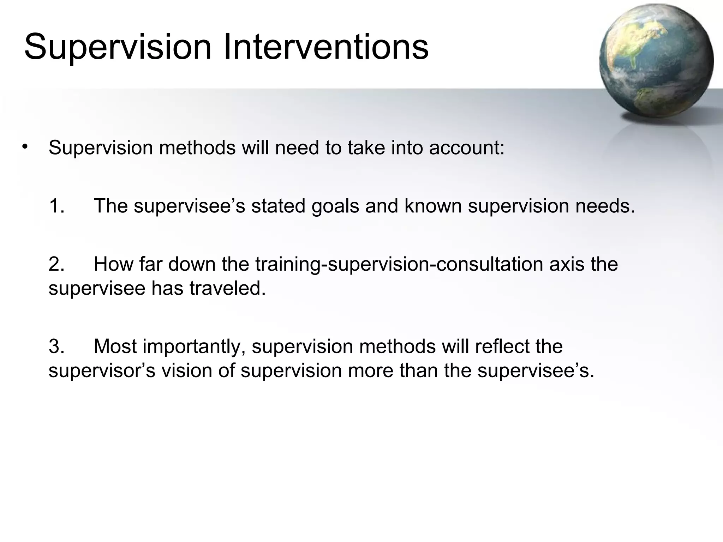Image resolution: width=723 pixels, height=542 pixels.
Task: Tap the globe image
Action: (656, 62)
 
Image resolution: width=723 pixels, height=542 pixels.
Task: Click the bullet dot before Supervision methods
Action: (24, 146)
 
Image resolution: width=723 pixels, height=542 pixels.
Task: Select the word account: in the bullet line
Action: (467, 147)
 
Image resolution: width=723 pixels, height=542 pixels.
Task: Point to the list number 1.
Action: (56, 206)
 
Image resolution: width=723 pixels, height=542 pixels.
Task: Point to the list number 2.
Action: (56, 264)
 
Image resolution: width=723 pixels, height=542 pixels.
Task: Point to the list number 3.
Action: (56, 346)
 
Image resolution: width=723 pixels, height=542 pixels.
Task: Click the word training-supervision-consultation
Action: (399, 265)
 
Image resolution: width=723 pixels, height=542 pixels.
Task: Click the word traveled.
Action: (227, 288)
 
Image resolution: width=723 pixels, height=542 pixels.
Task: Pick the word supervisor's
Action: (102, 371)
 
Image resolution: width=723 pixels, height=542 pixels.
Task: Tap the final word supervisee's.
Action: (536, 371)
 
